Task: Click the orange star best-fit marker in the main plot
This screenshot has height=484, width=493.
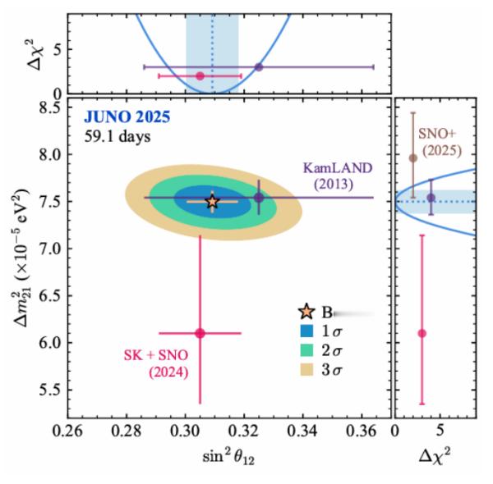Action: (212, 201)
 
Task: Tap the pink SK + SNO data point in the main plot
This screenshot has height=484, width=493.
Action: (200, 333)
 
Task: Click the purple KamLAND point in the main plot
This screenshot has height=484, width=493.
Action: (259, 197)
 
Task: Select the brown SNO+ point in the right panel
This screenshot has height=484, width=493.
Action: (413, 158)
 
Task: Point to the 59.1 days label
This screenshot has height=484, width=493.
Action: (117, 136)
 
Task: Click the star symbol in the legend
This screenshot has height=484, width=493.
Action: (307, 313)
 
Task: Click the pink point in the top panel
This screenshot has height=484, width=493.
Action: (200, 75)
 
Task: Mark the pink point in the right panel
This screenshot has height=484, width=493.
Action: (422, 333)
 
